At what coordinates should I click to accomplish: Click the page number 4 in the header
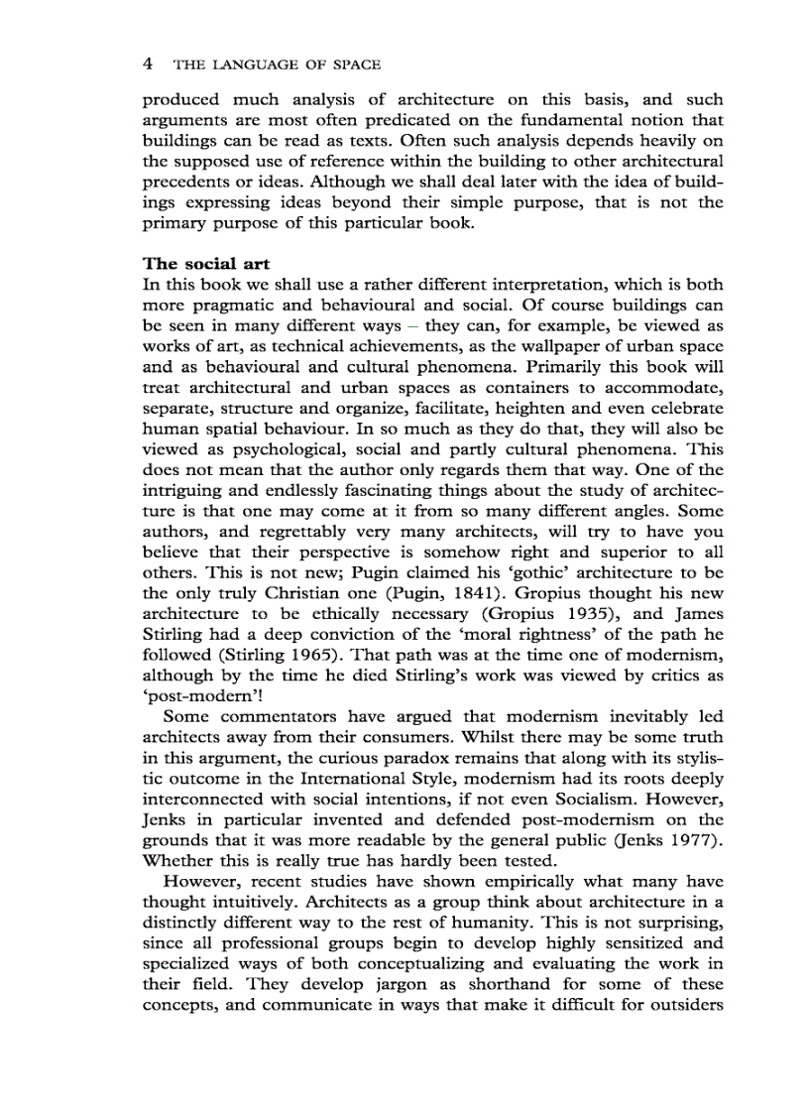click(148, 64)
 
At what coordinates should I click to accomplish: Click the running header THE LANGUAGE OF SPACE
click(277, 65)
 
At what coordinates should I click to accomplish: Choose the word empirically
click(509, 882)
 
